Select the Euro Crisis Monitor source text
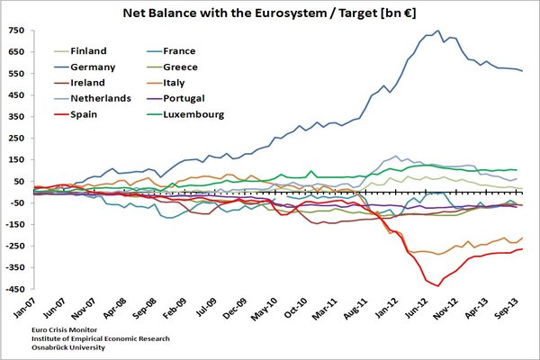coord(60,332)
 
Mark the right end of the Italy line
coord(523,238)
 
